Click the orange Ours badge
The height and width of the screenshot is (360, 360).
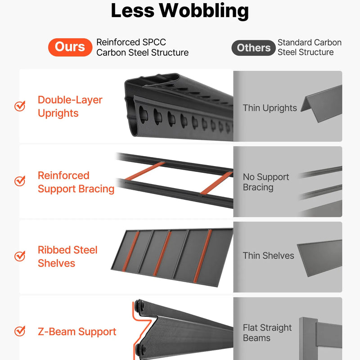pyautogui.click(x=70, y=47)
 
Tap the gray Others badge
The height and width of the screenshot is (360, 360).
pyautogui.click(x=253, y=48)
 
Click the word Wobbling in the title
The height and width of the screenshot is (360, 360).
pyautogui.click(x=204, y=11)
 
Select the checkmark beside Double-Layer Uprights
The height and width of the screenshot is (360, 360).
pyautogui.click(x=20, y=106)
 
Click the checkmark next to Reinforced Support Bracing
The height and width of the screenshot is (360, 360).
pyautogui.click(x=20, y=181)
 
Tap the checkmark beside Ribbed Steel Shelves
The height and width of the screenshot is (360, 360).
pyautogui.click(x=20, y=256)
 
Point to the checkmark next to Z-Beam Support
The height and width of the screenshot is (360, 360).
pyautogui.click(x=20, y=331)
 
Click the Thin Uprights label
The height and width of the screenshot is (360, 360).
pyautogui.click(x=270, y=108)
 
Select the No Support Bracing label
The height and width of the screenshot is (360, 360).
pyautogui.click(x=266, y=182)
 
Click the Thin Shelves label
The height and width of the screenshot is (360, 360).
pyautogui.click(x=268, y=256)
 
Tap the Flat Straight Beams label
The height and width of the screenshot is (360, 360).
pyautogui.click(x=267, y=333)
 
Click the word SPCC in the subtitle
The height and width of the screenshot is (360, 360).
pyautogui.click(x=154, y=42)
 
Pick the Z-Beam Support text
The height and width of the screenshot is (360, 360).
pyautogui.click(x=77, y=332)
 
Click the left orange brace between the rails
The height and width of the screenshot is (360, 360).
pyautogui.click(x=145, y=171)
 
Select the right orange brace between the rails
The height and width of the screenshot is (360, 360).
pyautogui.click(x=216, y=183)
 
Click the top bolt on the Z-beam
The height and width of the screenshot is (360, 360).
pyautogui.click(x=139, y=306)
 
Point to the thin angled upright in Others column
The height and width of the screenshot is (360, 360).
pyautogui.click(x=321, y=103)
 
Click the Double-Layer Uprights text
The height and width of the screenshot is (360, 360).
pyautogui.click(x=70, y=107)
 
